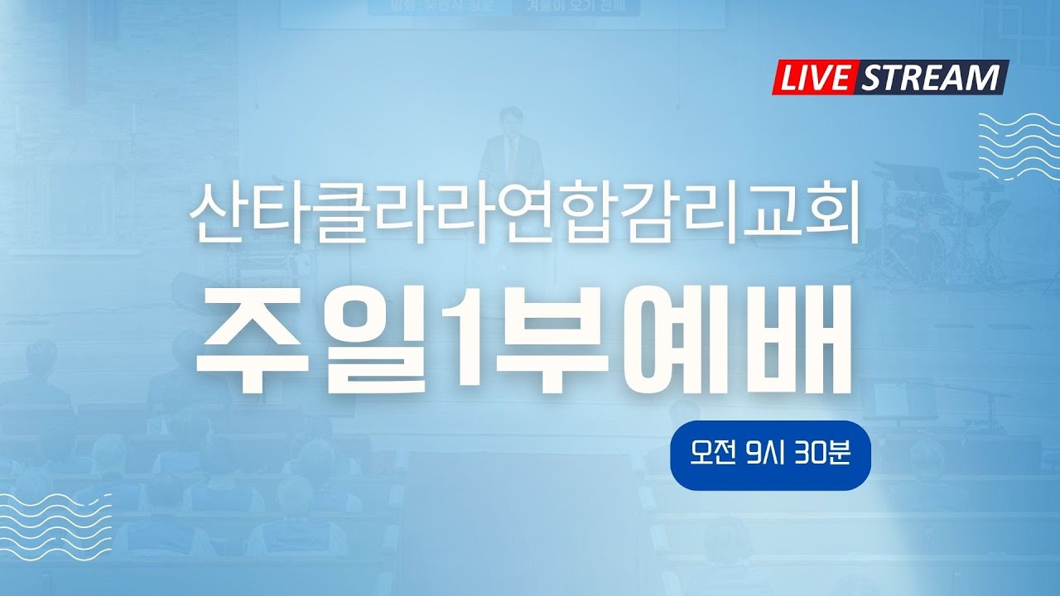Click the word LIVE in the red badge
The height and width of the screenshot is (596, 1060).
tap(814, 78)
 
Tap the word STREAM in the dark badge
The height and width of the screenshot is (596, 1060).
tap(931, 78)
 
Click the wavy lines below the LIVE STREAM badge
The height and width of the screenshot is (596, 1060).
tap(1014, 145)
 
